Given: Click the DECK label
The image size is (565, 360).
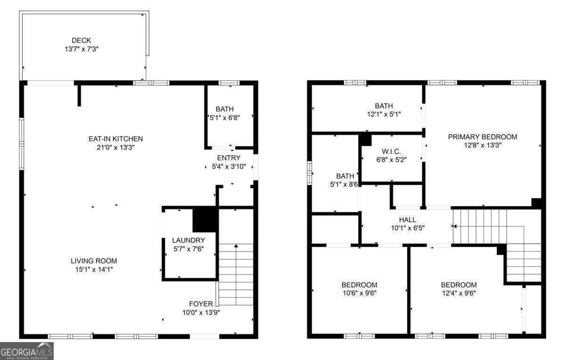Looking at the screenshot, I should pyautogui.click(x=81, y=41).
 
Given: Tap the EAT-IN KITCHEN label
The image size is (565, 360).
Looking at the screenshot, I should pyautogui.click(x=115, y=139).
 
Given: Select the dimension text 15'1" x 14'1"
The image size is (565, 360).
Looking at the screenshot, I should pyautogui.click(x=94, y=269).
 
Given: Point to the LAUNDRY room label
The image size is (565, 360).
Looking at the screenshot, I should pyautogui.click(x=188, y=240).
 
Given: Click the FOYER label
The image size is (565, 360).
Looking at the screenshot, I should pyautogui.click(x=201, y=304).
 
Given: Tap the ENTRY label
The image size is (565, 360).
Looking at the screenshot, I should pyautogui.click(x=228, y=158).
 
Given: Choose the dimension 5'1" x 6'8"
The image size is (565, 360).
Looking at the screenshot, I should pyautogui.click(x=225, y=118).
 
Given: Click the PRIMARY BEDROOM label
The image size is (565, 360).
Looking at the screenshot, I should pyautogui.click(x=482, y=137).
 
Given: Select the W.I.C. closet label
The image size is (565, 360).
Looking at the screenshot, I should pyautogui.click(x=391, y=151).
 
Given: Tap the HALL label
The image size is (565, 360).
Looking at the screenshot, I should pyautogui.click(x=407, y=220).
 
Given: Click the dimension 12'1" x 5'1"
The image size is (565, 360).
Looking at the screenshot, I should pyautogui.click(x=384, y=114).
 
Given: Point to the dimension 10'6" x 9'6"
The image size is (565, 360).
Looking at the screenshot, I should pyautogui.click(x=359, y=293).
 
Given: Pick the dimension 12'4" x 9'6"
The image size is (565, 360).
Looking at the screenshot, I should pyautogui.click(x=458, y=293).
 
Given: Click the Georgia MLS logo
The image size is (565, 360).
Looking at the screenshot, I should pyautogui.click(x=27, y=351).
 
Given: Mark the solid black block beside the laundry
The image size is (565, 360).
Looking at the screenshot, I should pyautogui.click(x=205, y=220).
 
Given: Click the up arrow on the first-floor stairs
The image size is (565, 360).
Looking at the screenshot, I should pyautogui.click(x=236, y=246).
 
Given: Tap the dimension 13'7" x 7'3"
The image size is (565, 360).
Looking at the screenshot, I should pyautogui.click(x=81, y=49).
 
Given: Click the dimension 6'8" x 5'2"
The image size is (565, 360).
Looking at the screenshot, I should pyautogui.click(x=391, y=159).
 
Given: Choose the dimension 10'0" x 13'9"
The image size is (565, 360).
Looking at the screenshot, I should pyautogui.click(x=201, y=312).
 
